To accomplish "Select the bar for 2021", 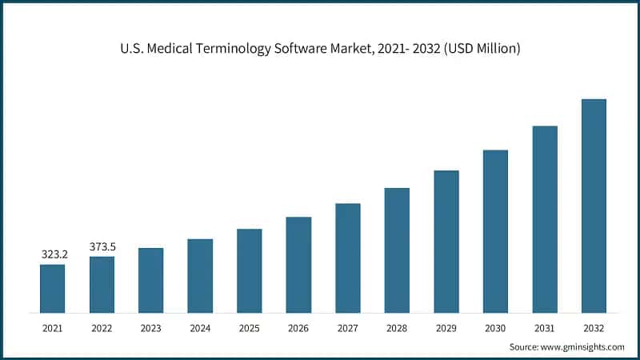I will tap(53, 288).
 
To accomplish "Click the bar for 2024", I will tap(200, 275).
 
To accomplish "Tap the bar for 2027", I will tap(348, 258).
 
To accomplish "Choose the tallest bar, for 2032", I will tap(594, 206).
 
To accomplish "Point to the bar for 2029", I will tap(446, 241).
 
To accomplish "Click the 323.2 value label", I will tap(54, 254).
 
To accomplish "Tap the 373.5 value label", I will tap(102, 246).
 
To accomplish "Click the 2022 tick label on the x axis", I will tap(102, 328).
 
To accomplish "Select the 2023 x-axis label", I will tap(151, 328).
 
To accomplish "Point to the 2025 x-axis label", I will tap(250, 328).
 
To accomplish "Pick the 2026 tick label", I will tap(298, 328).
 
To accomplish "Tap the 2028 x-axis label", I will tap(397, 328).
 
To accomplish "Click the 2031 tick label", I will tap(545, 328).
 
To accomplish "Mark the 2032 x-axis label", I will tap(594, 328).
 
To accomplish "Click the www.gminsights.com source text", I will tap(582, 347).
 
